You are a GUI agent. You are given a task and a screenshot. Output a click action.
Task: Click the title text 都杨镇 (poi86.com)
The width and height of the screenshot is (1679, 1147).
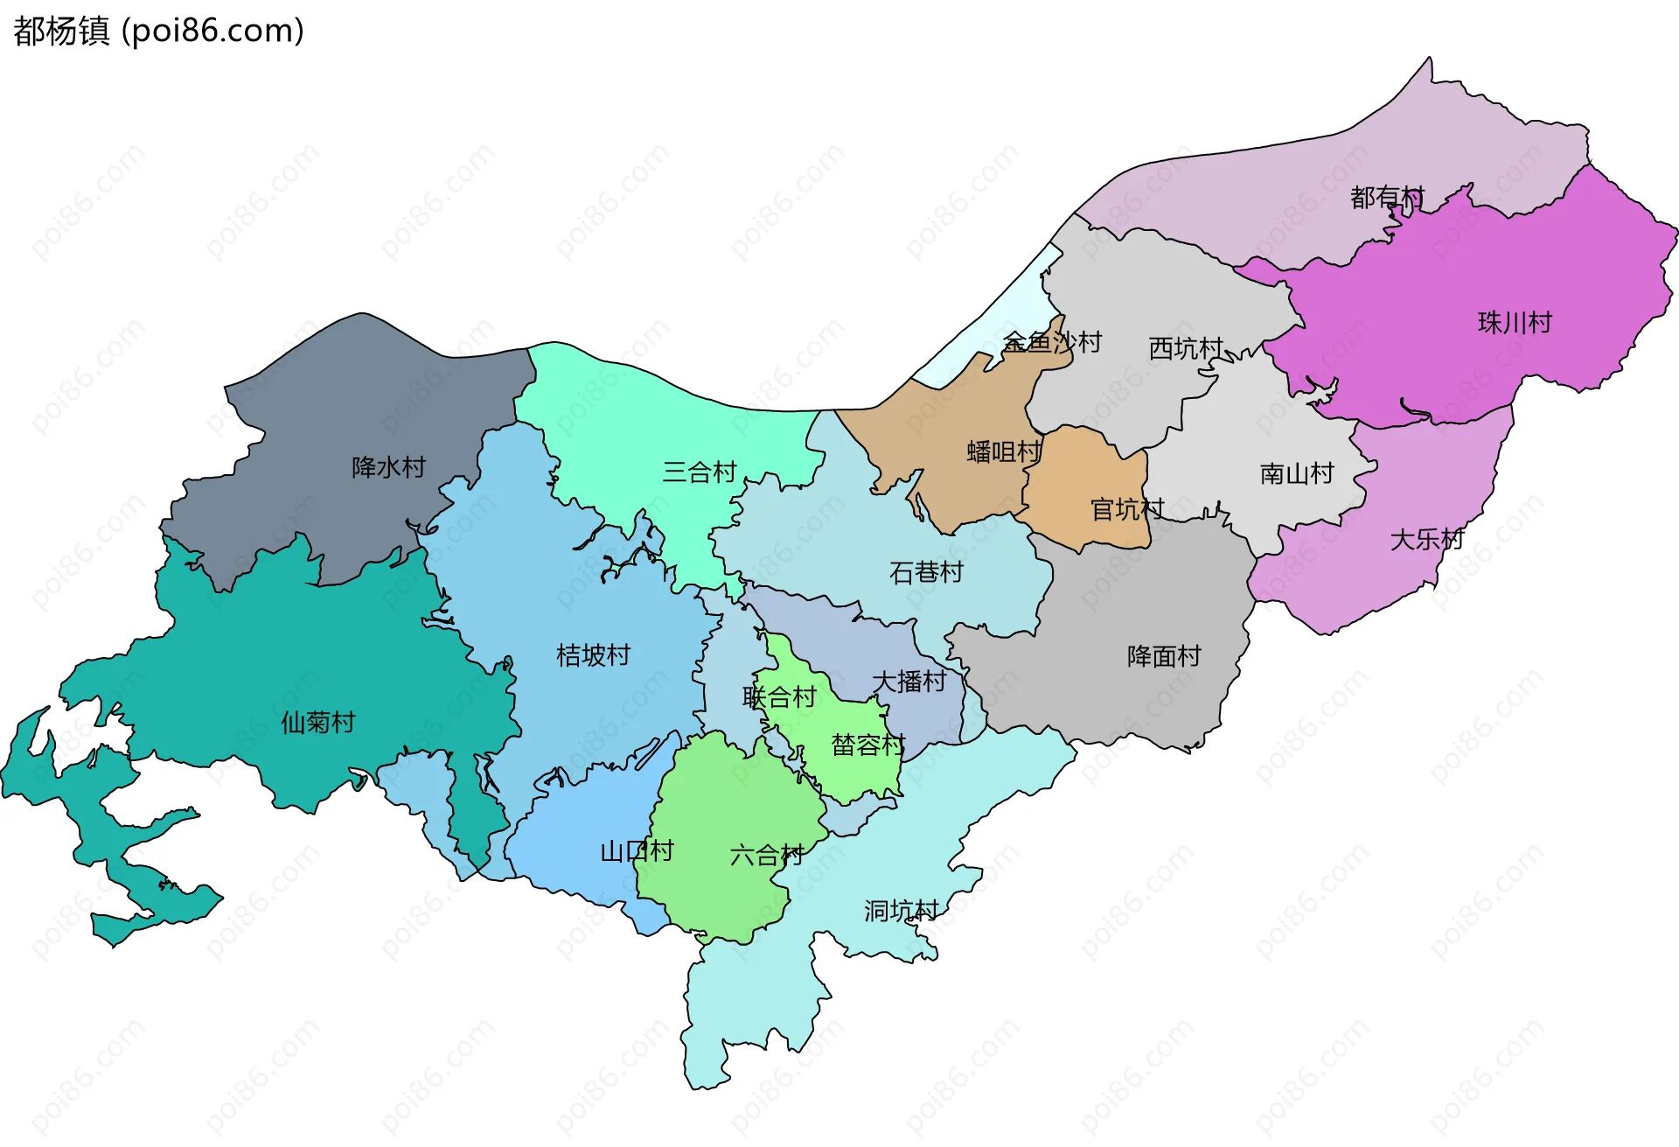coord(158,31)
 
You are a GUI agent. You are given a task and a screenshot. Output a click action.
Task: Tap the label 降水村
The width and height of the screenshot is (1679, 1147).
coord(388,467)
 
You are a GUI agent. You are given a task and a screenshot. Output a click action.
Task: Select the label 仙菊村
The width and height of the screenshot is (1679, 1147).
coord(317,723)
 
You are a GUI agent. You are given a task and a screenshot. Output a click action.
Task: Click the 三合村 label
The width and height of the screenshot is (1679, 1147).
coord(700,472)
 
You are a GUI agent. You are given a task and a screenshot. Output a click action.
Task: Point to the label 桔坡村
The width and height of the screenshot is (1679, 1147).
coord(593,655)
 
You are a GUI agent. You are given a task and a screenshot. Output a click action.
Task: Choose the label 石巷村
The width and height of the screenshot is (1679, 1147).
coord(926,572)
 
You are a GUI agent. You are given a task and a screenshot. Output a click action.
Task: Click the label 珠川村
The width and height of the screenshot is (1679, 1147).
coord(1515,323)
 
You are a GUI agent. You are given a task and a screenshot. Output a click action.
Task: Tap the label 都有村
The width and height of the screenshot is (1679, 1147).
coord(1387,198)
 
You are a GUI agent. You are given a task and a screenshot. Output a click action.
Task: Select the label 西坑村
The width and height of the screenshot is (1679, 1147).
coord(1185,348)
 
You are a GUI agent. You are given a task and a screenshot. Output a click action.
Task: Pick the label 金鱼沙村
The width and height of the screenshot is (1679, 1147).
coord(1051,342)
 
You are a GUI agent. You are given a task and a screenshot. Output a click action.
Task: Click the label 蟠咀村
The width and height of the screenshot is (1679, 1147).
coord(1004,452)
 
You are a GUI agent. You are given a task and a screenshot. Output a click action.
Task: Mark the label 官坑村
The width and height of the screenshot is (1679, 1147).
coord(1127,509)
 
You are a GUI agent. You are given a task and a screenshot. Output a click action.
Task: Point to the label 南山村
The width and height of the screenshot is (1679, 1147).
coord(1297,474)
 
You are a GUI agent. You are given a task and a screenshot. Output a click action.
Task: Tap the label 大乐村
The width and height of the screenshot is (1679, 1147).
coord(1426,539)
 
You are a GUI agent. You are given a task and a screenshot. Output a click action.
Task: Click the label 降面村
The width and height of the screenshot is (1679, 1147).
coord(1164,656)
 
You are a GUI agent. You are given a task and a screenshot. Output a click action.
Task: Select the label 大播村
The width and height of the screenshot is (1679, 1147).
coord(909,682)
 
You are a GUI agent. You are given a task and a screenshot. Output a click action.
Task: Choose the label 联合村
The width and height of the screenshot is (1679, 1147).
coord(779,697)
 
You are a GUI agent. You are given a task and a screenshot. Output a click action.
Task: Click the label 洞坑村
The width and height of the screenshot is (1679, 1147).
coord(901,911)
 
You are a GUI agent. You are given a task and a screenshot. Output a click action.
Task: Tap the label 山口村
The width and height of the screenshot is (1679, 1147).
coord(637,851)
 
